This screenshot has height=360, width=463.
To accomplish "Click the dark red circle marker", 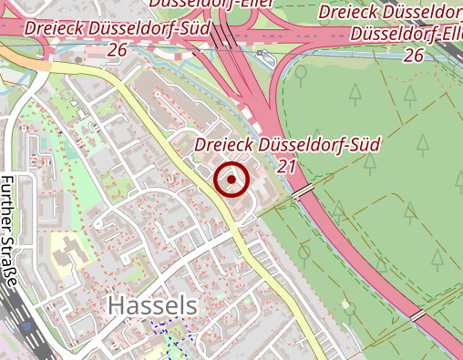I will pos(231,180).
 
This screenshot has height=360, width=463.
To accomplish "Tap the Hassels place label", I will pos(152,306).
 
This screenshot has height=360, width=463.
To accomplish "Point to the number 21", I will pos(287,165).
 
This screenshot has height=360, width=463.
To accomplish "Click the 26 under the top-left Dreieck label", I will pos(116,48).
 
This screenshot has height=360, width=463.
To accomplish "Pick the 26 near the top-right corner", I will pos(413,56).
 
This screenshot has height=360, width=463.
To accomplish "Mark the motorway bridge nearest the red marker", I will pos(304,190).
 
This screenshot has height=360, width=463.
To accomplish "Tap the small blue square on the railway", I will pos(26,324).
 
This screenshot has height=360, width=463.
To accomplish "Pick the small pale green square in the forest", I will pos(345,305).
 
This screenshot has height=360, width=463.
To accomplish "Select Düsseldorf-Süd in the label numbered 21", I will pos(319,145).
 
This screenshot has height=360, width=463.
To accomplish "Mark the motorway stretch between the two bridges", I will pos(360,255).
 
